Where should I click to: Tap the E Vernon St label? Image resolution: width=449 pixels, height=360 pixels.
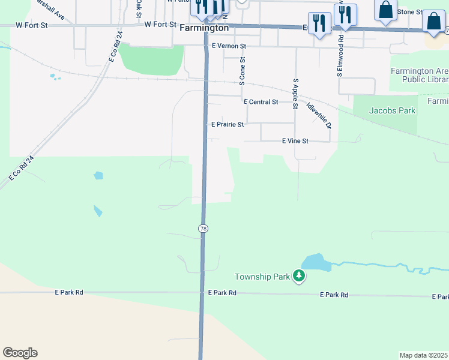click(229, 46)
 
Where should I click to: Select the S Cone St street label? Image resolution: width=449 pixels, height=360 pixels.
click(243, 71)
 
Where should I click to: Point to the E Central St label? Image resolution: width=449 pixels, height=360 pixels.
click(261, 102)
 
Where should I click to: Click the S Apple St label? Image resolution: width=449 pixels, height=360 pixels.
click(295, 94)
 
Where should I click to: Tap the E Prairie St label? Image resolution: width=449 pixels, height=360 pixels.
click(228, 125)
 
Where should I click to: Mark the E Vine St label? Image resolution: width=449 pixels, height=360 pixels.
click(295, 141)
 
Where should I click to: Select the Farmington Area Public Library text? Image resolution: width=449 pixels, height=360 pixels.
click(419, 75)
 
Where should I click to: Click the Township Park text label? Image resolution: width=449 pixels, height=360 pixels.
click(262, 277)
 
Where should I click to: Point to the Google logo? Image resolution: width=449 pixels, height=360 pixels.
click(20, 353)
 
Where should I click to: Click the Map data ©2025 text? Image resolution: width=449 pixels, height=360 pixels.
click(423, 355)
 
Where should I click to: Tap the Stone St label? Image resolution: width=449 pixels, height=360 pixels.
click(410, 12)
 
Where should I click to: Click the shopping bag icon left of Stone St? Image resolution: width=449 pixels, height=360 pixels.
click(385, 10)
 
